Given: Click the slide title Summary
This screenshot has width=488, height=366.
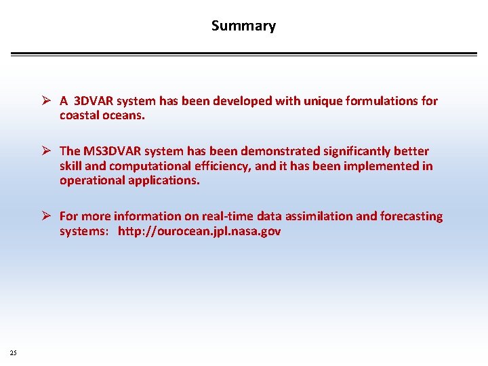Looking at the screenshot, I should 243,26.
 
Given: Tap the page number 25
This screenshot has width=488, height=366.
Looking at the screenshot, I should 14,352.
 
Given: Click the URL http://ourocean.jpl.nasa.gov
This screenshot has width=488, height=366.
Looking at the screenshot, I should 199,231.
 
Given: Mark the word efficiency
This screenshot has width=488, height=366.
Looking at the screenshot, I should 223,166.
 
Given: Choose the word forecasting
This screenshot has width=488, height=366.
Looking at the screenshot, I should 411,216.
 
